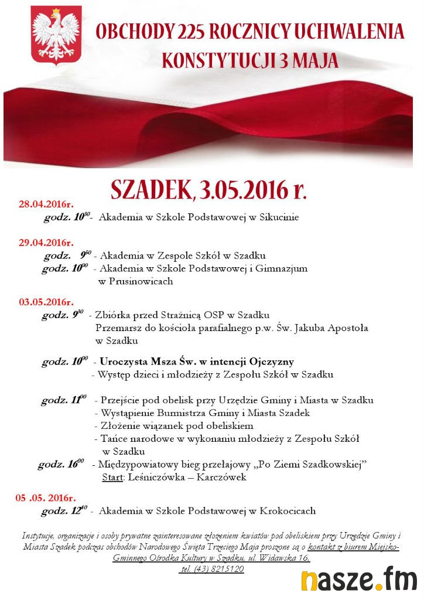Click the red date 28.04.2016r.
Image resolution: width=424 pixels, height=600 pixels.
[x=46, y=204]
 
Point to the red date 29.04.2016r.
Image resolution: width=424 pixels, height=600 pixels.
[x=46, y=242]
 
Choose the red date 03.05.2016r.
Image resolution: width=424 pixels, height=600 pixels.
[x=46, y=302]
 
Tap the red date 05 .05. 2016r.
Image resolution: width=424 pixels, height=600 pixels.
[x=45, y=498]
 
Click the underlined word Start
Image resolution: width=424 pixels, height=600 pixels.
[x=112, y=478]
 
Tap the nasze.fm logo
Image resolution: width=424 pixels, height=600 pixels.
[x=358, y=579]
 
